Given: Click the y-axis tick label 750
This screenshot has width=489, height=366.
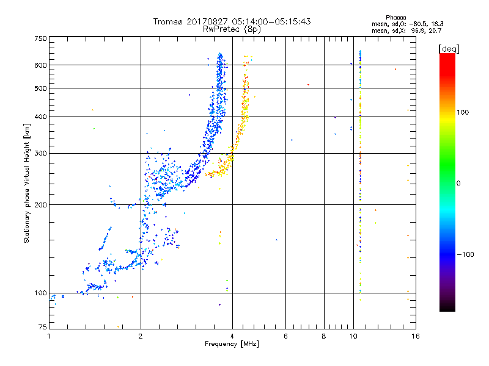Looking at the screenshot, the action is [x=40, y=38].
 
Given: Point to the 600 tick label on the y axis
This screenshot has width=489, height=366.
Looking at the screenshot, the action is [x=40, y=65].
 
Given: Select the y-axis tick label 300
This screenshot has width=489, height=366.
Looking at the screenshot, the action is [x=40, y=154].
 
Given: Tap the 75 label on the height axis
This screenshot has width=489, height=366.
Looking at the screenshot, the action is [x=43, y=327].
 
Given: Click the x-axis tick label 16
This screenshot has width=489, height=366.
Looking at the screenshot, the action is [x=416, y=336].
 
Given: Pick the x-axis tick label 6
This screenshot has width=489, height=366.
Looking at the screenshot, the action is [x=285, y=336].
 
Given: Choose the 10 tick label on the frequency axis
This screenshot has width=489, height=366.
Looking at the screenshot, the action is [x=353, y=336].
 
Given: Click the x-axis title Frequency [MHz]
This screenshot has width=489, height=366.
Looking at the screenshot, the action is [x=232, y=344].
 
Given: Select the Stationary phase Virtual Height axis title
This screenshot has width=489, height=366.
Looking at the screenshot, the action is [x=26, y=184].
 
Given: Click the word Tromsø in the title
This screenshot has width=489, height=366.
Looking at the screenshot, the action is [x=168, y=21].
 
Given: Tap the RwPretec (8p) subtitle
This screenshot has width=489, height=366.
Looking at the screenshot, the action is [x=232, y=29].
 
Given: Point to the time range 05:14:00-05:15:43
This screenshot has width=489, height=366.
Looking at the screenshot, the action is [x=271, y=21].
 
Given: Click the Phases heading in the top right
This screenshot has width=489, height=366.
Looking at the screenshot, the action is [x=395, y=18].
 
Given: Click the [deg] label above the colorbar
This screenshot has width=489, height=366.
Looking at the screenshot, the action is [x=449, y=49].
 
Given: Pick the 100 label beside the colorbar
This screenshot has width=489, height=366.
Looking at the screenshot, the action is [x=463, y=112].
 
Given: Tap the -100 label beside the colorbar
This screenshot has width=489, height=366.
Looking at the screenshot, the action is [x=465, y=254].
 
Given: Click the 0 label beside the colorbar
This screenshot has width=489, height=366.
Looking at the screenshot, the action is [x=458, y=184].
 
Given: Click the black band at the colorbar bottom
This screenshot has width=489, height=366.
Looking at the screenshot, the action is [x=447, y=307].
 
